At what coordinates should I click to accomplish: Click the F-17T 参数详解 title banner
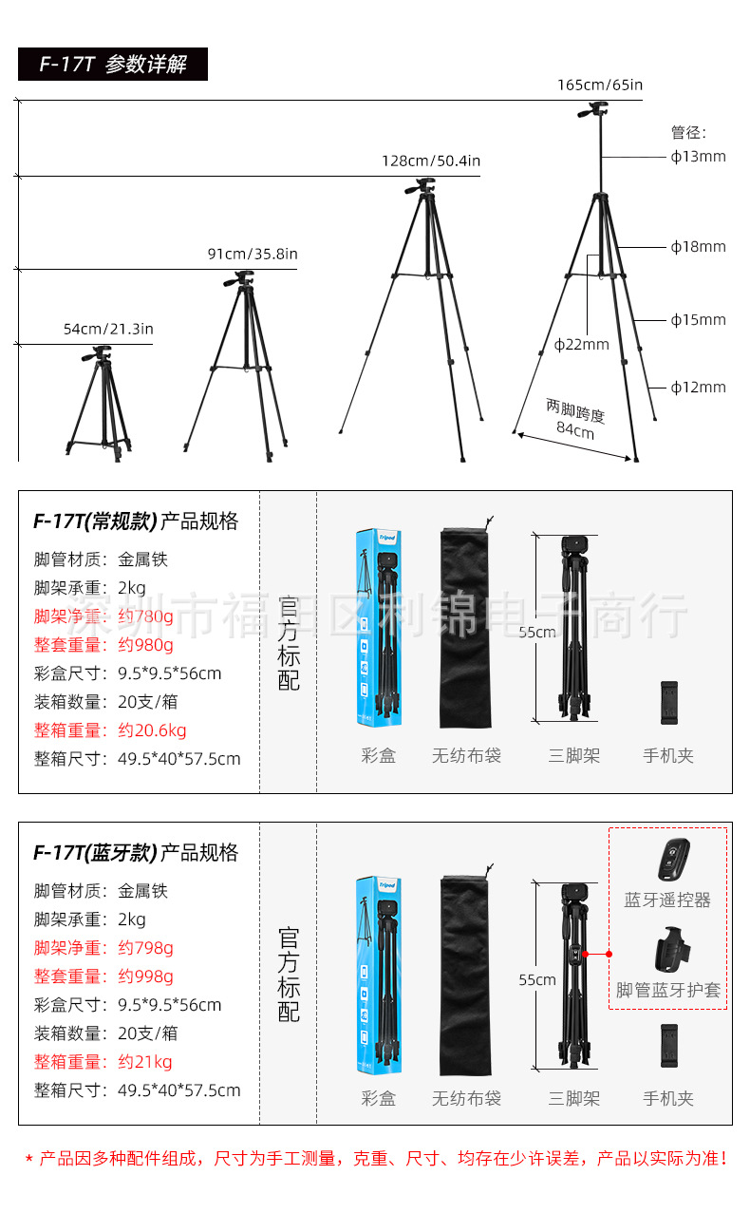point(112,65)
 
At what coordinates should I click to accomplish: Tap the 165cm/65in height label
point(599,85)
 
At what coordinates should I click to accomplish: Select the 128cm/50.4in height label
point(431,161)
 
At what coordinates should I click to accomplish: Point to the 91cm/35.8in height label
point(253,254)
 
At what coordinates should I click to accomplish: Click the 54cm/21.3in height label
point(108,329)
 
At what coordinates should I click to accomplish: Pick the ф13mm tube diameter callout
point(698,156)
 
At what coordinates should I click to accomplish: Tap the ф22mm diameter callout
point(581,344)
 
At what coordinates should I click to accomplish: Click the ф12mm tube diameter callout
point(698,387)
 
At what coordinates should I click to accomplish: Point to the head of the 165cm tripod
point(592,112)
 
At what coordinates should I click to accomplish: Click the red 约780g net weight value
point(145,616)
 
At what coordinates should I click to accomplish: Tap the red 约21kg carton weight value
point(145,1062)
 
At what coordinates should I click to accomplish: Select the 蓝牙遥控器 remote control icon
point(671,860)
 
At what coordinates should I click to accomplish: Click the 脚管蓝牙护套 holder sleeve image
point(672,950)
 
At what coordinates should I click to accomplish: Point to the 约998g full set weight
point(145,976)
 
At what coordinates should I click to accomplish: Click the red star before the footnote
point(28,1159)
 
